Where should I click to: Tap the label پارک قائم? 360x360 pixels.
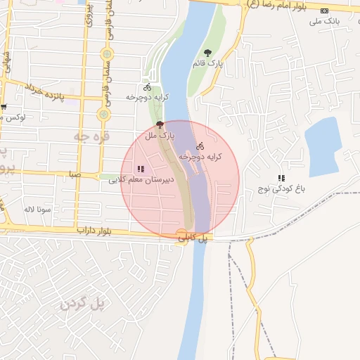[x=207, y=63]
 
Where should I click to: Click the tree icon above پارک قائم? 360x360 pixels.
[x=207, y=53]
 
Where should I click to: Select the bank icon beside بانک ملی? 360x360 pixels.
[x=324, y=11]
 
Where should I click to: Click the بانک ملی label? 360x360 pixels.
[x=324, y=21]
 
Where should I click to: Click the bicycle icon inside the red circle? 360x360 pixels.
[x=200, y=146]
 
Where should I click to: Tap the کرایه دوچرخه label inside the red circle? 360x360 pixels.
[x=200, y=157]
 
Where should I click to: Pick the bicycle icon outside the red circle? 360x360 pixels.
[x=147, y=88]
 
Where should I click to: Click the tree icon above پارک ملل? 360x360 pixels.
[x=159, y=123]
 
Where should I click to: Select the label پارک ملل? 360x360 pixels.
[x=159, y=134]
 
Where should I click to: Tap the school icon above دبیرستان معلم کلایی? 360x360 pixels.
[x=141, y=169]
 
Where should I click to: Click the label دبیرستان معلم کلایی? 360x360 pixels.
[x=141, y=180]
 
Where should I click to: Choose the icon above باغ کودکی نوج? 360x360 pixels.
[x=281, y=179]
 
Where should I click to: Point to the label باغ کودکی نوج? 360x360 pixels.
[x=281, y=189]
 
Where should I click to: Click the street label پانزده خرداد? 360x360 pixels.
[x=44, y=91]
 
